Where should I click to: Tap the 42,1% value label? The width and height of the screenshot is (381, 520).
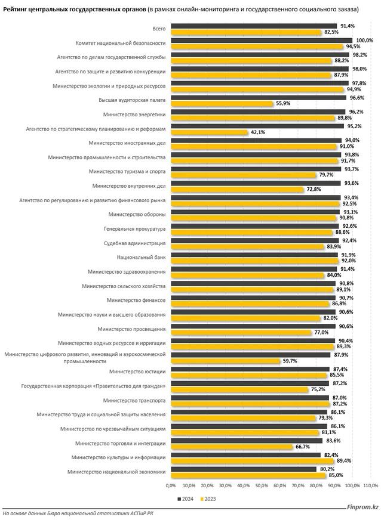click(258, 132)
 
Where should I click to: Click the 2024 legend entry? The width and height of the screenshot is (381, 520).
click(186, 498)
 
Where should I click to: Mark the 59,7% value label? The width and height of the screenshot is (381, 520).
click(290, 361)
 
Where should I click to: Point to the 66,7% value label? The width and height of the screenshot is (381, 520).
click(302, 447)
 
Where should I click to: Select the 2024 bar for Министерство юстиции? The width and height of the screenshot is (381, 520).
click(250, 369)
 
